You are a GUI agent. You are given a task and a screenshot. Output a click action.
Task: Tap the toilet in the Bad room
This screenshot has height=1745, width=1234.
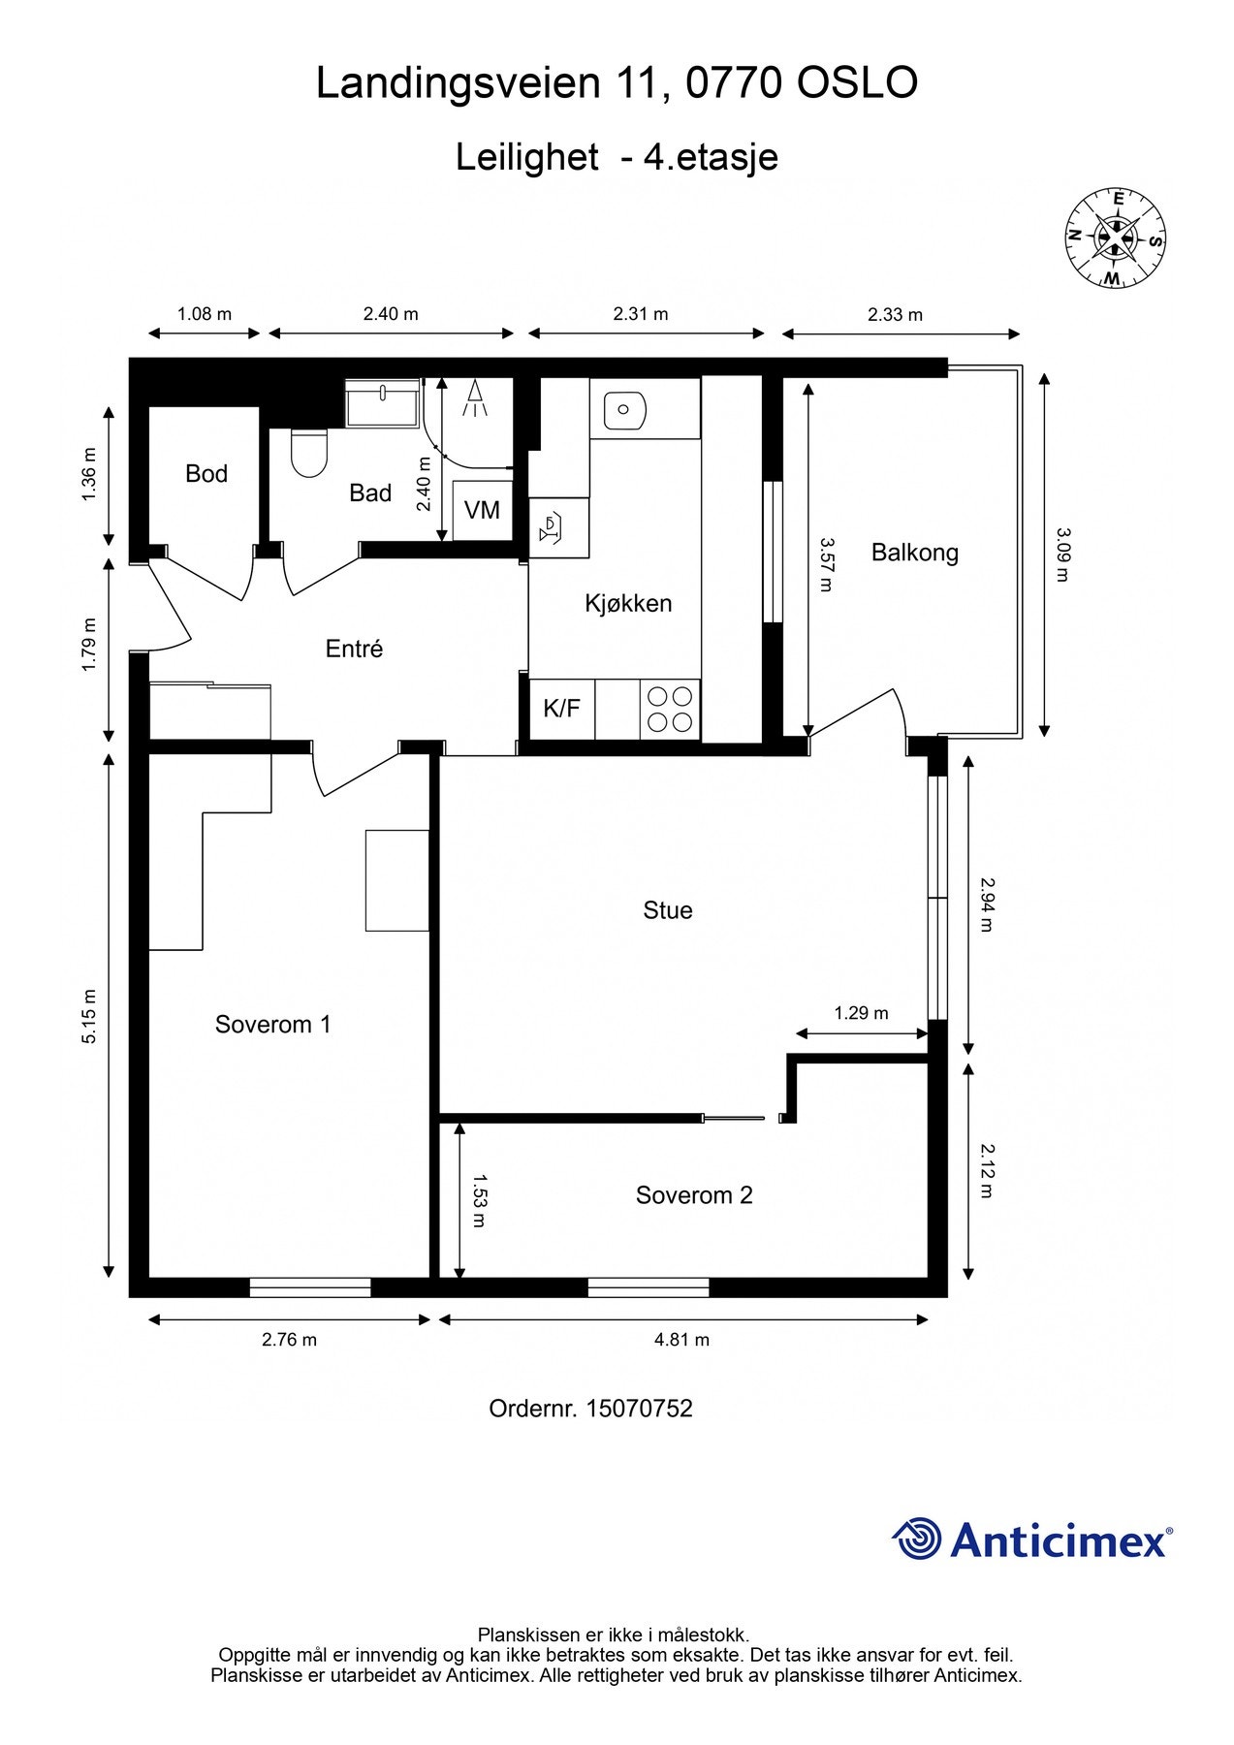tap(309, 453)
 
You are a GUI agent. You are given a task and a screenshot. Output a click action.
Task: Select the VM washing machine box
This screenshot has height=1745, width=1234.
tap(482, 510)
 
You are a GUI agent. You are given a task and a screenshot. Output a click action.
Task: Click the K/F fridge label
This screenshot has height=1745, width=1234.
tap(561, 708)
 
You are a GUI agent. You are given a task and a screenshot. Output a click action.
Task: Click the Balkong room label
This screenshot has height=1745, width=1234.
tap(914, 553)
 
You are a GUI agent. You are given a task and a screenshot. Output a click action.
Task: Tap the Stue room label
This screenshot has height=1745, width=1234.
tap(668, 910)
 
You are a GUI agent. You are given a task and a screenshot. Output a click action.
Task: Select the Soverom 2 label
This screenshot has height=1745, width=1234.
tap(694, 1195)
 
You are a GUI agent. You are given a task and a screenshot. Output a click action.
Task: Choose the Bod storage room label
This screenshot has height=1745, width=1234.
tap(206, 474)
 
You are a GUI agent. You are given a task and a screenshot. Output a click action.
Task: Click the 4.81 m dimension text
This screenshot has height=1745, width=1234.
tap(681, 1340)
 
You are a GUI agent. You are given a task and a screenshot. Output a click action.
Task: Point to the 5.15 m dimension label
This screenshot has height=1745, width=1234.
tap(89, 1016)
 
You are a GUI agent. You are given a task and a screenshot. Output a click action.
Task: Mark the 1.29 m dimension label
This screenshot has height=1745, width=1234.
tap(861, 1013)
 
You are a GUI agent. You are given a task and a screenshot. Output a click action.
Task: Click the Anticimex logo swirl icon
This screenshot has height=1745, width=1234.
tap(917, 1539)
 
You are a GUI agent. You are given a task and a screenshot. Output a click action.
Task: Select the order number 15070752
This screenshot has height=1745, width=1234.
tap(639, 1409)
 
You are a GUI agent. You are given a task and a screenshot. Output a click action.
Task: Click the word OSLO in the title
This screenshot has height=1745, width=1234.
tap(857, 83)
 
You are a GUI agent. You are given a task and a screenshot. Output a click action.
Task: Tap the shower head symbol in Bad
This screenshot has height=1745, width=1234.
tap(475, 398)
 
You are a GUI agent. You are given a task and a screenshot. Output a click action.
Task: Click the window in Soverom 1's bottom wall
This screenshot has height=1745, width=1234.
tap(310, 1287)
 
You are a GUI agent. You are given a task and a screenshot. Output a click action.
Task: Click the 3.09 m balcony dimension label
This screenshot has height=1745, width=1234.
tap(1062, 555)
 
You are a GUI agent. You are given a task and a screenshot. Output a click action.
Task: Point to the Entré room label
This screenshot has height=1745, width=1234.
tap(354, 649)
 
